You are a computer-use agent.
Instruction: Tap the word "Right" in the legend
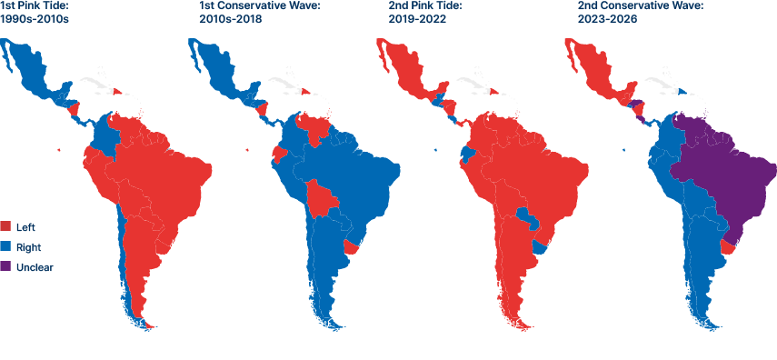tap(28, 246)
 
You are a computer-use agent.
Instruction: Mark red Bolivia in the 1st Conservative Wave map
tap(319, 200)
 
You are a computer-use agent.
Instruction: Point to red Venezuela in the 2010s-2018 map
tap(314, 128)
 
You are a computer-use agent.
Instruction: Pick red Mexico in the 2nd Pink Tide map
tap(409, 77)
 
